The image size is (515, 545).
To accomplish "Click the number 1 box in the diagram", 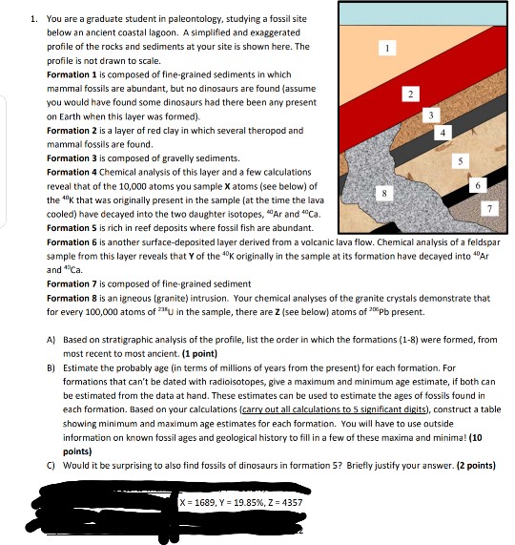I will pyautogui.click(x=385, y=46).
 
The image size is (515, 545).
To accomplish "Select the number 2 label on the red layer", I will pyautogui.click(x=409, y=93).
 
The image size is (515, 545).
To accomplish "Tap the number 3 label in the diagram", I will pyautogui.click(x=430, y=115).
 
